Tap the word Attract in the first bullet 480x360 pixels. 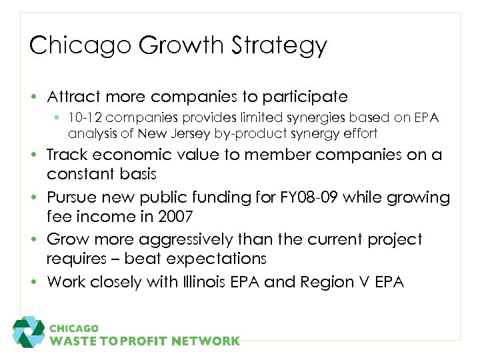click(x=71, y=97)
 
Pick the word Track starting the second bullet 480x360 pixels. click(x=66, y=155)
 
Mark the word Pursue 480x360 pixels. click(x=73, y=197)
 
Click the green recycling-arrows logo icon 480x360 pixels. click(x=29, y=331)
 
